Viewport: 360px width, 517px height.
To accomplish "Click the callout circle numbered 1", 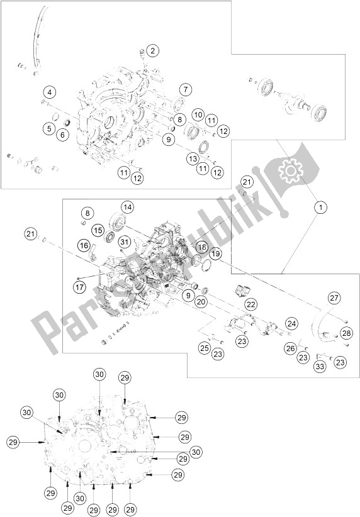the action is point(320,208).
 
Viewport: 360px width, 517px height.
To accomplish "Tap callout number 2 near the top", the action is point(152,51).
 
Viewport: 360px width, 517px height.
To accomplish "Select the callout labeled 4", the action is point(50,92).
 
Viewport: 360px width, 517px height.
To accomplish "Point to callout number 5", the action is point(50,128).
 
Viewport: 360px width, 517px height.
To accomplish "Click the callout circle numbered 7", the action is point(186,89).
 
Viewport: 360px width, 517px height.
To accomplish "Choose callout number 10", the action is point(198,115).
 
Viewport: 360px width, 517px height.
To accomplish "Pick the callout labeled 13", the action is point(193,159).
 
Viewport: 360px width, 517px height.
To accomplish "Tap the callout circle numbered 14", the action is point(127,207).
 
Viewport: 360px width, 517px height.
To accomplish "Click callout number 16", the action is point(84,245).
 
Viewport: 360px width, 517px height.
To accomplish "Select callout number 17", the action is point(79,287).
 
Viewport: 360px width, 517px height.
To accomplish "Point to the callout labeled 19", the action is point(215,253).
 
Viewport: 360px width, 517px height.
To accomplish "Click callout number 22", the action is point(252,304).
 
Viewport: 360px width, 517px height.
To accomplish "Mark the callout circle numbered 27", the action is point(334,298).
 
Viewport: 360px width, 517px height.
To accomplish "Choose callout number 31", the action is point(124,242).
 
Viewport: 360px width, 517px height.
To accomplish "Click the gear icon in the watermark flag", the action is point(290,170).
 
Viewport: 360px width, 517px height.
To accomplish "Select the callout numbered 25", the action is point(205,348).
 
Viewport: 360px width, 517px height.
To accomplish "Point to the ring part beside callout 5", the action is point(56,116).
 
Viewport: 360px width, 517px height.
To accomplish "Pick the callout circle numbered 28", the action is point(347,333).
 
